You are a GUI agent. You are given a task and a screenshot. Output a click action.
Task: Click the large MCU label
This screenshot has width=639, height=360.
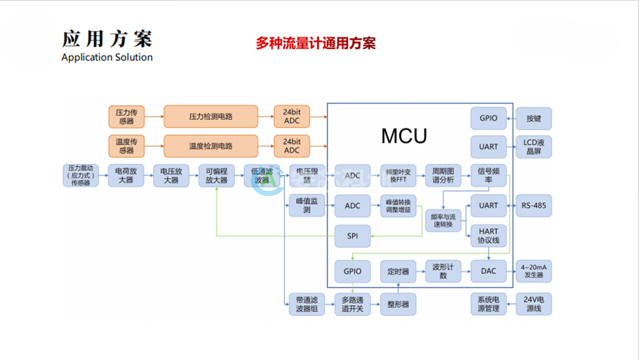[404, 136]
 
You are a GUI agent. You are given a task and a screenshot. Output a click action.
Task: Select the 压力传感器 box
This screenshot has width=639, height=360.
[126, 116]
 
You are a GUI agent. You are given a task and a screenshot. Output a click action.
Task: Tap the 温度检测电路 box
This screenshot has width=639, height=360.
[211, 146]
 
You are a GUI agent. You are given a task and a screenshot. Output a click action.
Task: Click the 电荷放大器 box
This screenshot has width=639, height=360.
[126, 175]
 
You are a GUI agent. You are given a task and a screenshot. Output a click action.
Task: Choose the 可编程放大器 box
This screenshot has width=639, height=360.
[216, 175]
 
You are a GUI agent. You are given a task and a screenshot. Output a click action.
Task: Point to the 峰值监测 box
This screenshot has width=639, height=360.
[307, 206]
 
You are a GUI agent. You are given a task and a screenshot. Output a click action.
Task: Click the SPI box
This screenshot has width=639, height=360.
[352, 236]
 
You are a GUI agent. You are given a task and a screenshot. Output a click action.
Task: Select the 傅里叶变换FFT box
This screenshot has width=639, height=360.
[397, 175]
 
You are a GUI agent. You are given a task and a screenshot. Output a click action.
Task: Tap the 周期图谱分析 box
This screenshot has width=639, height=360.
[442, 175]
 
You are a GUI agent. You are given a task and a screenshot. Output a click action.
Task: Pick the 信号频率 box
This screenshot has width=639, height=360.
[488, 175]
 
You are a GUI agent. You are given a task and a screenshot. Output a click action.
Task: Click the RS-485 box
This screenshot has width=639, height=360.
[533, 206]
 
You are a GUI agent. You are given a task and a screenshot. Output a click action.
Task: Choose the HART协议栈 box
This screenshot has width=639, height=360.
[488, 236]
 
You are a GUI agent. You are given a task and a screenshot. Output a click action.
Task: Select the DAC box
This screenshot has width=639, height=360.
[488, 271]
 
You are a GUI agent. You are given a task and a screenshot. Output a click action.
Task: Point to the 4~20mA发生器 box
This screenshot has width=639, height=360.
[533, 271]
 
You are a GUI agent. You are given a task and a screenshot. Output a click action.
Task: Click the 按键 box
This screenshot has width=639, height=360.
[533, 118]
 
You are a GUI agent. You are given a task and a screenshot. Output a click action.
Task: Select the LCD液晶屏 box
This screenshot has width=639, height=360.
[533, 146]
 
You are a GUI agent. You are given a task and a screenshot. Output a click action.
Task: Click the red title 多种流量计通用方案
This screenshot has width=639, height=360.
[315, 43]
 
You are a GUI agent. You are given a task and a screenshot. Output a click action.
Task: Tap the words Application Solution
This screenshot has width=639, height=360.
[107, 58]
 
